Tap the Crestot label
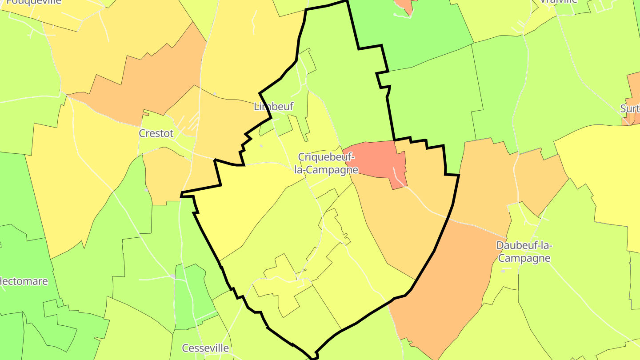[156, 133]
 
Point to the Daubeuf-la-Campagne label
[524, 252]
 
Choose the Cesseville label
[205, 348]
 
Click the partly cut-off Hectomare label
[24, 281]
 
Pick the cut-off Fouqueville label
[34, 2]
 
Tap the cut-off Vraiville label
[558, 2]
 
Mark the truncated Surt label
[630, 109]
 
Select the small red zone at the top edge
[404, 5]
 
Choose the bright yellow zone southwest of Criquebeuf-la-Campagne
[244, 204]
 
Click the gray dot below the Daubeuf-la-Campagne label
[503, 271]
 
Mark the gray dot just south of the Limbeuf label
[261, 146]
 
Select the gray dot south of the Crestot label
[146, 190]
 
